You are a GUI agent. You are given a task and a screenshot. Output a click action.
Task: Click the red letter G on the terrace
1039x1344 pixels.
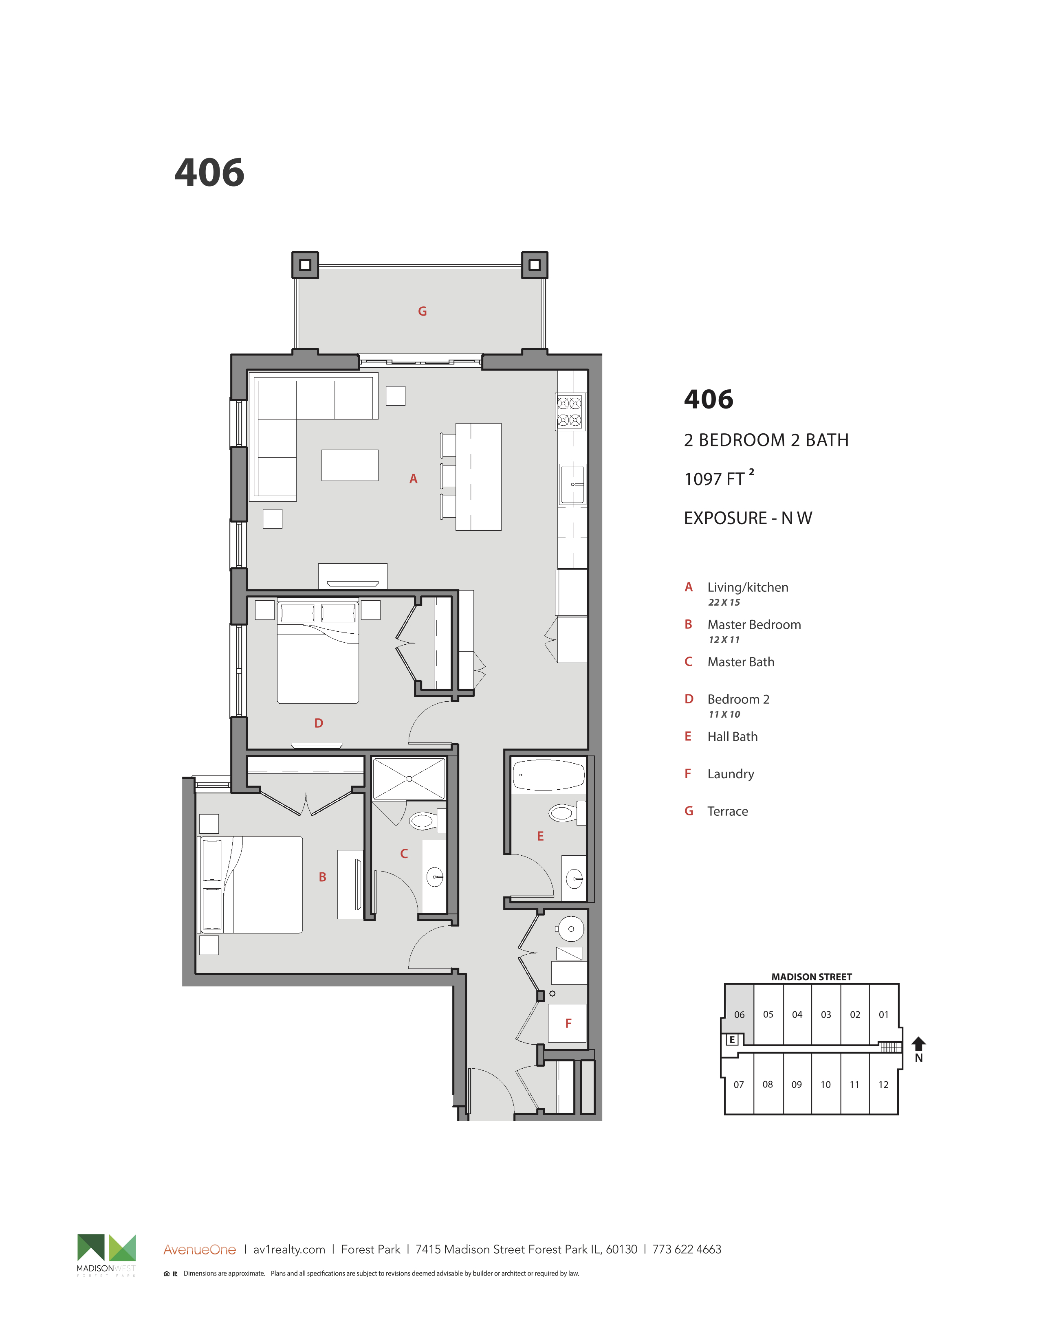422,312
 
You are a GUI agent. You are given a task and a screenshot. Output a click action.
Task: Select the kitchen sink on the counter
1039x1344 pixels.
572,484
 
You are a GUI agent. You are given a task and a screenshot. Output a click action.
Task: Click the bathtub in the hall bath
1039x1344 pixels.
548,775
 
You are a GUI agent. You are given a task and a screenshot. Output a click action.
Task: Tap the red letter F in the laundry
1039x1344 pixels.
568,1023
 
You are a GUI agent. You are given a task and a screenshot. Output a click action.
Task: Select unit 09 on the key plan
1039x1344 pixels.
797,1084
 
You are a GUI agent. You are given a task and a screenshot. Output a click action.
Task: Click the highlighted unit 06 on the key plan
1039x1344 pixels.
739,1015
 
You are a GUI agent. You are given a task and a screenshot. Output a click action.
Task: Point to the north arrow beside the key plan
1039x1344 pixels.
918,1044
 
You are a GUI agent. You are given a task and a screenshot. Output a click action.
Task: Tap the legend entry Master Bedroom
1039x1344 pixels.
754,625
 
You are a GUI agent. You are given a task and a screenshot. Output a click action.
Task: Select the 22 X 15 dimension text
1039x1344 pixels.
724,602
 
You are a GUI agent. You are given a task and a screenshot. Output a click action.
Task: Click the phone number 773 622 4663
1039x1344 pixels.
687,1249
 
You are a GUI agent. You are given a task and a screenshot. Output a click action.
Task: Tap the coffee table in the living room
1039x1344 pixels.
350,465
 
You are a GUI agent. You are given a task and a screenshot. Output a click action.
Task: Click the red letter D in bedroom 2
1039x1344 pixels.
319,723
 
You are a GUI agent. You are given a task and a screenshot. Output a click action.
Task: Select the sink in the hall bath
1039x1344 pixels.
574,878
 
